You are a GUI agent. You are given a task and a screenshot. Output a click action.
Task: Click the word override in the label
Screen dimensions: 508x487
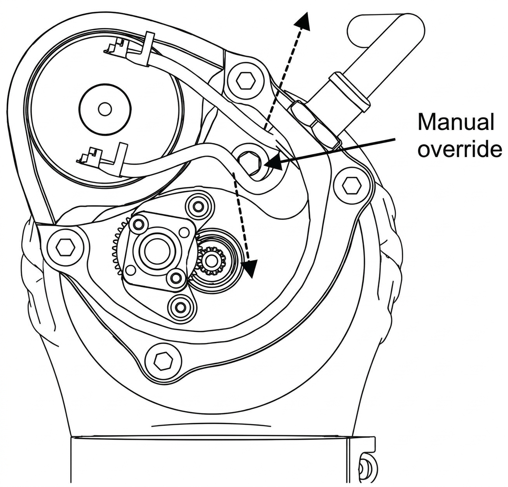tap(459, 149)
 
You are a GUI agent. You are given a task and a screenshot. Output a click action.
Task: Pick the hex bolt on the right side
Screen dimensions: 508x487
tap(351, 186)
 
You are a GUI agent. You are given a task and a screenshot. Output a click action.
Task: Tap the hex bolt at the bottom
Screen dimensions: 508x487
tap(162, 360)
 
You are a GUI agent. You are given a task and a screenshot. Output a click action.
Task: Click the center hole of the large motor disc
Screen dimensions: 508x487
tap(105, 110)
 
